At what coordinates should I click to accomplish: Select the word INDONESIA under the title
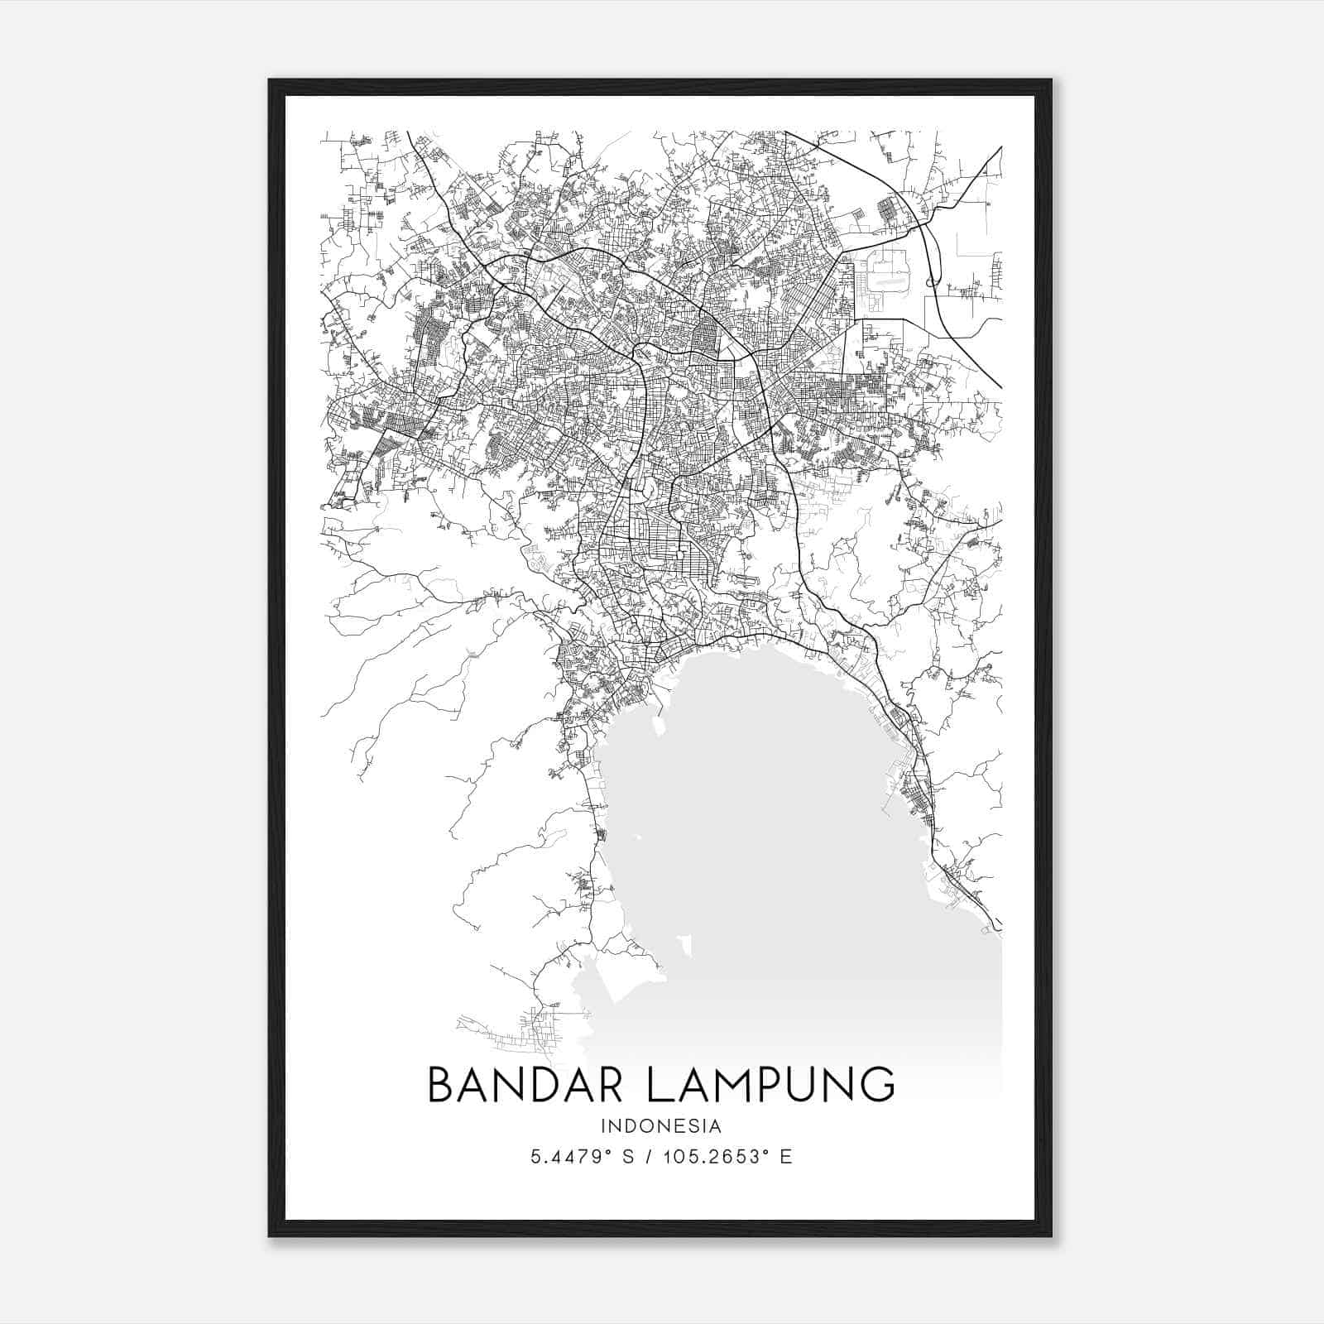coord(661,1126)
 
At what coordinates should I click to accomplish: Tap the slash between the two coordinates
coord(642,1157)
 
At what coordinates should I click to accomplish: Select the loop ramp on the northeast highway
coord(932,282)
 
